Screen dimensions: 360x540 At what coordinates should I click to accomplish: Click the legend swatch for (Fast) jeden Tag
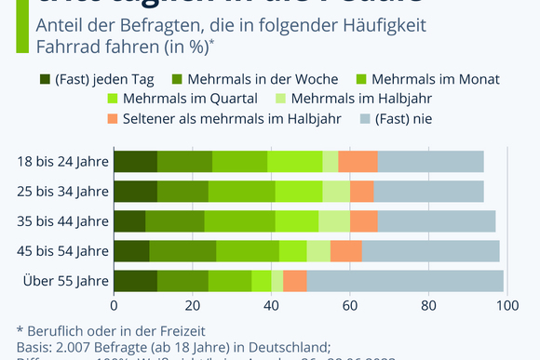pos(46,78)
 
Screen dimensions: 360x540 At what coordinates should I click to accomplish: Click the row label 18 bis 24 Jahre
pos(62,161)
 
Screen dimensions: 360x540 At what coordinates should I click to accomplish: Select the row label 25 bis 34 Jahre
pos(62,191)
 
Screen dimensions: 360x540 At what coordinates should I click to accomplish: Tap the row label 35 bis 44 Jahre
pos(62,220)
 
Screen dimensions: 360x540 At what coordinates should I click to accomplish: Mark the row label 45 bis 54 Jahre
pos(62,250)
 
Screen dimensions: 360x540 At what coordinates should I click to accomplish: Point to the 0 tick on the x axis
pos(114,303)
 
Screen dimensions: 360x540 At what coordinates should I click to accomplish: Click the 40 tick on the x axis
pos(271,303)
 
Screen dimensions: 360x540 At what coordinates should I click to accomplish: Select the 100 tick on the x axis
pos(506,303)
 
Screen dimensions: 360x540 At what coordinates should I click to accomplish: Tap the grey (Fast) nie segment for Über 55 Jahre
pos(405,280)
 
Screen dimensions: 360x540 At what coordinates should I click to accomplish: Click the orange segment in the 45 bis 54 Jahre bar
pos(346,250)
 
